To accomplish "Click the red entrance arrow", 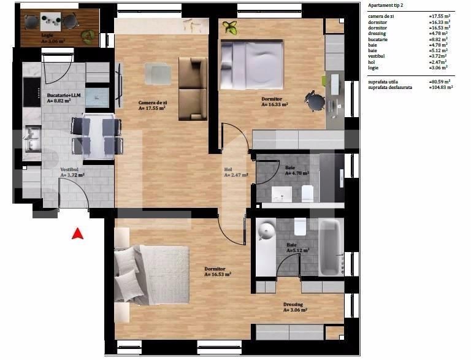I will [77, 233].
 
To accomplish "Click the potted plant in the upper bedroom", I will [231, 27].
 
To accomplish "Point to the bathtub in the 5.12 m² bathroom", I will [332, 248].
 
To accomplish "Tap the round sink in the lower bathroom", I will [266, 231].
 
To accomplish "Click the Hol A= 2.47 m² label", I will [235, 172].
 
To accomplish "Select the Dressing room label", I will [295, 307].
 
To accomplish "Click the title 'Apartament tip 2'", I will [386, 5].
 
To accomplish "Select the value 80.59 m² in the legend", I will [440, 81].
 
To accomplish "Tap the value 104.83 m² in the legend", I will [441, 87].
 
